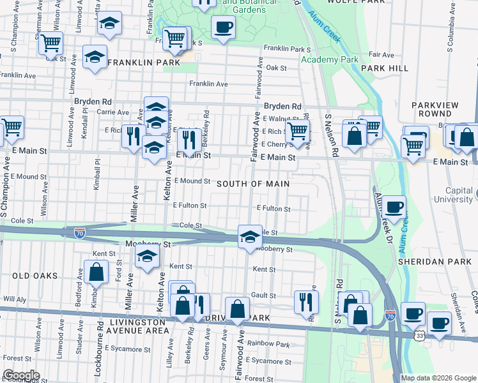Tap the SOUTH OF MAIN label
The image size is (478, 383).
(253, 184)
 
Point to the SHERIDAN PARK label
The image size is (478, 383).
(429, 262)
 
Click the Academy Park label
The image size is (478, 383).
(330, 59)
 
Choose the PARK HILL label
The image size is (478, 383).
(384, 68)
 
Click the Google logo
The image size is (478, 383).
(20, 375)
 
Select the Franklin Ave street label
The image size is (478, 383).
(208, 84)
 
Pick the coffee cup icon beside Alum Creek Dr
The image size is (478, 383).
(394, 207)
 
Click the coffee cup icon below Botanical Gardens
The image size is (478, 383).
(223, 27)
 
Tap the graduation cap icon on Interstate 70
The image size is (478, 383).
(249, 237)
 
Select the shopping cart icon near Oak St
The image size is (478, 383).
(50, 43)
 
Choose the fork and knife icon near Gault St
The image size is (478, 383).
(305, 301)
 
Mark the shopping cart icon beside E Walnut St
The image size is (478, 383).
(297, 131)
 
